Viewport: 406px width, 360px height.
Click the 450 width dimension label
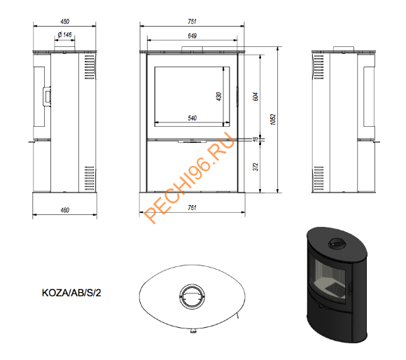[64, 22]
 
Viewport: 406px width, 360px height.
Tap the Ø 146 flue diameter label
[64, 35]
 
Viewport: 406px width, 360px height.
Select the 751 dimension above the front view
[192, 22]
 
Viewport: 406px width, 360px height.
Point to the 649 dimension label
[192, 36]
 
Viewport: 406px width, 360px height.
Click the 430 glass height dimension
[219, 97]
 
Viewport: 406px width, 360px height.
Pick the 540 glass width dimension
[192, 118]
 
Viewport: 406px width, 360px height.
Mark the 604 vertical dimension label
[255, 97]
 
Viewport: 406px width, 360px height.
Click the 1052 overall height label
[273, 119]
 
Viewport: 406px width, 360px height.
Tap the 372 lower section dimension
[255, 167]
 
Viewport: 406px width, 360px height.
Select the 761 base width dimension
[192, 208]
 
